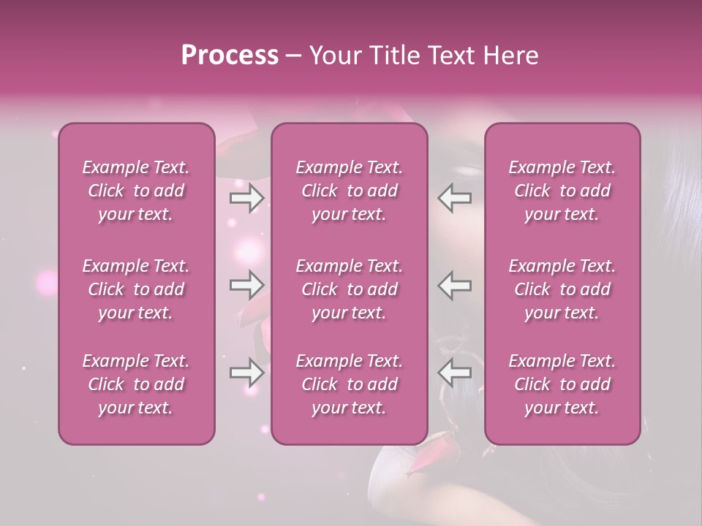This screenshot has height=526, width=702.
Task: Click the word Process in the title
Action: pyautogui.click(x=229, y=56)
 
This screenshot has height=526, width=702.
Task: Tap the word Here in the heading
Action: pyautogui.click(x=511, y=56)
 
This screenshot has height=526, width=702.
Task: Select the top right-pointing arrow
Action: pyautogui.click(x=246, y=198)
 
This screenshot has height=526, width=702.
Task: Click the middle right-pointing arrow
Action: pyautogui.click(x=246, y=285)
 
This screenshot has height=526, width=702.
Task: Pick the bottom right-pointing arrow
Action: pyautogui.click(x=246, y=373)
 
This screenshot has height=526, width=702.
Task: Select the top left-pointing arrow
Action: pyautogui.click(x=455, y=198)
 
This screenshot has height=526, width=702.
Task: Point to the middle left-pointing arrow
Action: pyautogui.click(x=455, y=285)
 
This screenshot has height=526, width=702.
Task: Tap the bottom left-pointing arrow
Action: pyautogui.click(x=455, y=373)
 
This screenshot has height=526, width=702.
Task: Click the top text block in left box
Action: pyautogui.click(x=136, y=191)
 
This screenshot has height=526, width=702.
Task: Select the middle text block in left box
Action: pyautogui.click(x=136, y=289)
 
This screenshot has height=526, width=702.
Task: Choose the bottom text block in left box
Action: pyautogui.click(x=136, y=384)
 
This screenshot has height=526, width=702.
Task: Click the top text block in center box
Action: pyautogui.click(x=350, y=191)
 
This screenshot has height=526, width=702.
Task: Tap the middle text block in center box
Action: pyautogui.click(x=350, y=289)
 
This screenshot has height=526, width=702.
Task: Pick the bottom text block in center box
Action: pyautogui.click(x=350, y=384)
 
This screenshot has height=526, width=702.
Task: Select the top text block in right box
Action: pyautogui.click(x=562, y=191)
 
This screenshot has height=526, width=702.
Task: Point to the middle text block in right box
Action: pyautogui.click(x=562, y=289)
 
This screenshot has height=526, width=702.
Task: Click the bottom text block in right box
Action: pyautogui.click(x=562, y=384)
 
